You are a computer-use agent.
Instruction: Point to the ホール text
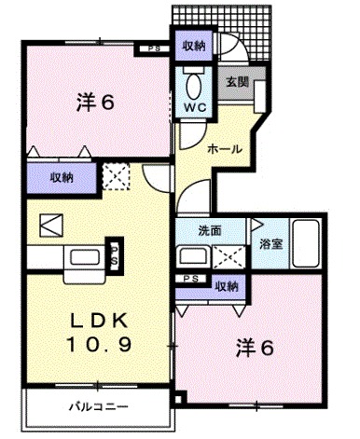225,149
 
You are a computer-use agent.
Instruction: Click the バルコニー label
96,405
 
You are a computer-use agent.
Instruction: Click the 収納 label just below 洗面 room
225,285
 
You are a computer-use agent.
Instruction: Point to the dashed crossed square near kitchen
116,174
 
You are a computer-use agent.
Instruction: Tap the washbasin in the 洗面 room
192,254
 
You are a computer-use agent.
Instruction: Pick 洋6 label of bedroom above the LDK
95,102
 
